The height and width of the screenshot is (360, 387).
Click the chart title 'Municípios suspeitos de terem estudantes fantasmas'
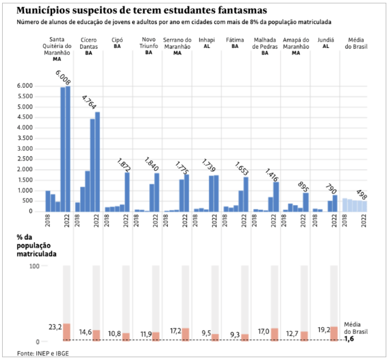(142, 10)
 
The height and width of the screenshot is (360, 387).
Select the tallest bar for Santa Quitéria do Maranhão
(68, 149)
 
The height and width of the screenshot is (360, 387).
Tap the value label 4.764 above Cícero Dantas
(88, 102)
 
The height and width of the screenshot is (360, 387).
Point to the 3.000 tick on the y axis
(25, 149)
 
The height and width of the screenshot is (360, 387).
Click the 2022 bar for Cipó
(127, 192)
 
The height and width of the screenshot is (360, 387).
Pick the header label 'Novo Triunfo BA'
(149, 46)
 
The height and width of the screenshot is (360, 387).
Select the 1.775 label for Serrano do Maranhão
(182, 168)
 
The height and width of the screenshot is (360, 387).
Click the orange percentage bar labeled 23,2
(66, 332)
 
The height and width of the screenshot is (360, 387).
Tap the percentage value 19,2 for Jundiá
(324, 330)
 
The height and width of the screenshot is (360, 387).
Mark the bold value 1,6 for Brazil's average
(349, 339)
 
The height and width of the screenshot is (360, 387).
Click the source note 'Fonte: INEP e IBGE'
(43, 353)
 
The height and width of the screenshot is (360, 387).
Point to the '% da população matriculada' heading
(36, 245)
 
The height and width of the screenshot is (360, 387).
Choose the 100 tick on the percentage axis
(34, 266)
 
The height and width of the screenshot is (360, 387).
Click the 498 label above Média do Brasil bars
(362, 195)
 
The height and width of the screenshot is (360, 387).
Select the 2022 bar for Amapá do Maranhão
(305, 202)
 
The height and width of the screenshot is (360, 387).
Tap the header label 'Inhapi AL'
(207, 43)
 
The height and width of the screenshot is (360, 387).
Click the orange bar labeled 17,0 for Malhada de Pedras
(275, 335)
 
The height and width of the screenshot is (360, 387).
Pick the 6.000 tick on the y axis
(25, 86)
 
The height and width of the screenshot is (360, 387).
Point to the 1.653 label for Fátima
(241, 168)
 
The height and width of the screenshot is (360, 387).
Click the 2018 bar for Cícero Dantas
(77, 207)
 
